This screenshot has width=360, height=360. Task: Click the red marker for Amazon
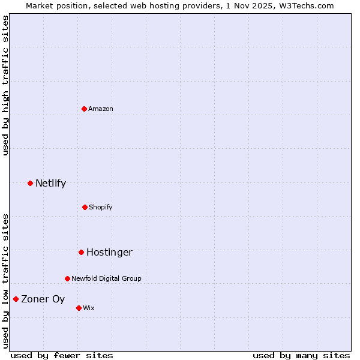pos(85,109)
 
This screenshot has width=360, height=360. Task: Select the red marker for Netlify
pos(30,183)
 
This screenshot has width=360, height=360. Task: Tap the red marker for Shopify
pos(85,207)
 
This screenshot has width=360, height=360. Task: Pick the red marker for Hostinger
pos(81,252)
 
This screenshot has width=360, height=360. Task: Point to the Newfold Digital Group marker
pos(67,278)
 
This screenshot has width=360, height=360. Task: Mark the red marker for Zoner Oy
pos(16,299)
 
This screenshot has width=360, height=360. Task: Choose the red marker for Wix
pos(79,308)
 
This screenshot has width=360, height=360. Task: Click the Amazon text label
pos(101,109)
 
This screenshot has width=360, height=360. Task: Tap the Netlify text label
pos(50,183)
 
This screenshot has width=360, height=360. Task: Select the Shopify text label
pos(101,207)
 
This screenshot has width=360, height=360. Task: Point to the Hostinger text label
pos(109,252)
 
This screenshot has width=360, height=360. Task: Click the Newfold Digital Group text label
pos(106,278)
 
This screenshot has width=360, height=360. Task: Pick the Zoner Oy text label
pos(43,299)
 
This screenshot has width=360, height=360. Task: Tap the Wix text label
pos(89,308)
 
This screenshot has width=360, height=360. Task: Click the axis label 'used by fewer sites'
pos(62,355)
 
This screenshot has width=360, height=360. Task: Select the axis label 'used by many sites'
pos(301,355)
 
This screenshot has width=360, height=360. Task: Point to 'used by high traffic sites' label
pos(5,85)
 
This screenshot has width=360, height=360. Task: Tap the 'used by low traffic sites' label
pos(5,280)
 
